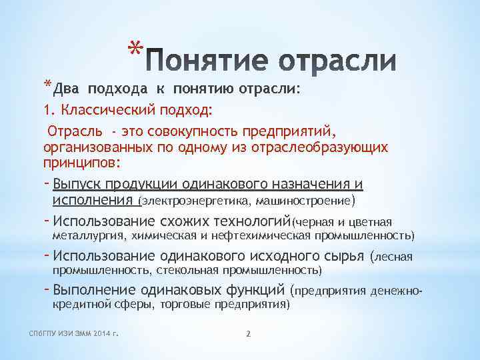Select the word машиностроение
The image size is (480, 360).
[x=307, y=200]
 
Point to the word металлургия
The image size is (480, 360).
[x=87, y=235]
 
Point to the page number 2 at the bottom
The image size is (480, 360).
[x=247, y=333]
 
